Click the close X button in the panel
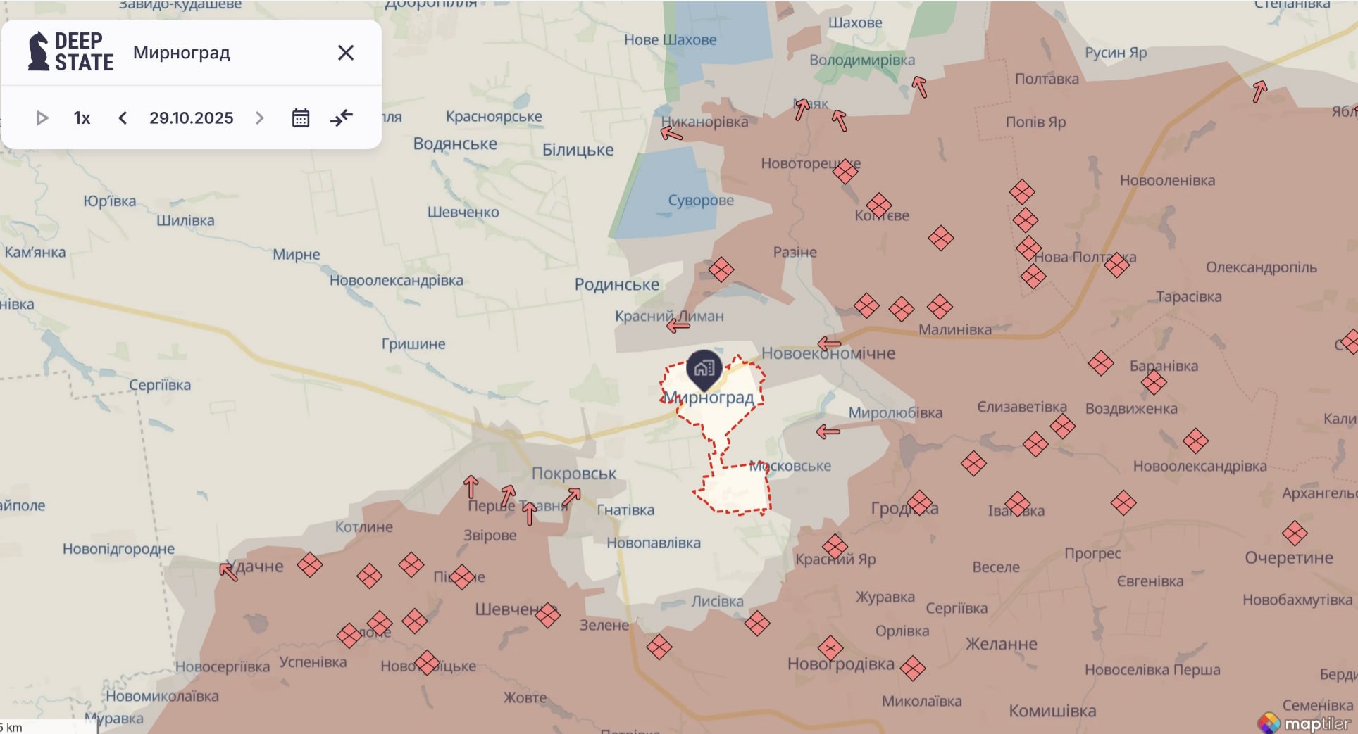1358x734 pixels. [x=345, y=53]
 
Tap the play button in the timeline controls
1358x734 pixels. [x=42, y=118]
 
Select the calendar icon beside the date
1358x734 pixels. [x=301, y=118]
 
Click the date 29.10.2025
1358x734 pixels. [x=191, y=118]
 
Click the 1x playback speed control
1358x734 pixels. [x=82, y=118]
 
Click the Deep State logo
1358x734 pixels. [x=70, y=52]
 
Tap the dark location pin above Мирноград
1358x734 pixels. [x=704, y=368]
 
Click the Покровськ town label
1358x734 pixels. [x=573, y=474]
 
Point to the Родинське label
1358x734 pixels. [x=616, y=284]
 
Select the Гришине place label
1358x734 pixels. [x=413, y=344]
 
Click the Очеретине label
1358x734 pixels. [x=1288, y=558]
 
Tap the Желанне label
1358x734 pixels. [x=1001, y=644]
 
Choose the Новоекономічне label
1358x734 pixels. [x=828, y=353]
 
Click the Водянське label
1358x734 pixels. [x=455, y=144]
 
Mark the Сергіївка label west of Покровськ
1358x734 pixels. [x=160, y=385]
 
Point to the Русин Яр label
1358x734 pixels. [x=1115, y=53]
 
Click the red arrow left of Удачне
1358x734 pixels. [x=228, y=571]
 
